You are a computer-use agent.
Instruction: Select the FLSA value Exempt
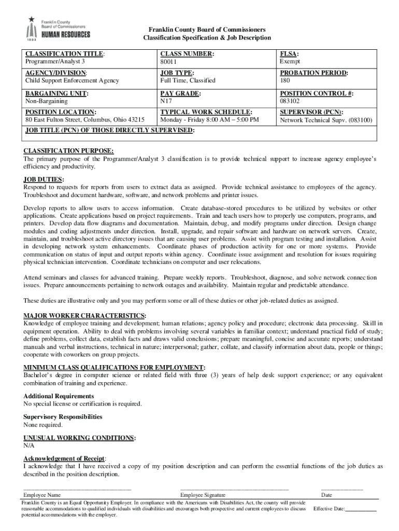pyautogui.click(x=290, y=62)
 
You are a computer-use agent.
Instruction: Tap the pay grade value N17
pyautogui.click(x=166, y=102)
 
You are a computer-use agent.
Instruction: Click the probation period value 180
pyautogui.click(x=285, y=81)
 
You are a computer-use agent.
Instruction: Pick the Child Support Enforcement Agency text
pyautogui.click(x=72, y=81)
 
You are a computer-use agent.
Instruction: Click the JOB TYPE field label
pyautogui.click(x=177, y=73)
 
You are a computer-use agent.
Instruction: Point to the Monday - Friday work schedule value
pyautogui.click(x=209, y=120)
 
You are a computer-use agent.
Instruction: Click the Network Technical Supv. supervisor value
pyautogui.click(x=326, y=120)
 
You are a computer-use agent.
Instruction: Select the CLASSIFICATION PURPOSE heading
pyautogui.click(x=68, y=151)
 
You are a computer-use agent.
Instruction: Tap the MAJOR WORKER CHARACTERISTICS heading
pyautogui.click(x=84, y=316)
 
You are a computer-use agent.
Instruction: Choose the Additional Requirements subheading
pyautogui.click(x=59, y=396)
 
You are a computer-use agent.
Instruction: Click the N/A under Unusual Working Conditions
pyautogui.click(x=29, y=445)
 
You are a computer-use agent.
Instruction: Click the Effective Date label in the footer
pyautogui.click(x=329, y=509)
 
